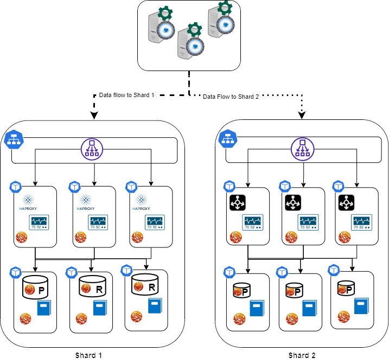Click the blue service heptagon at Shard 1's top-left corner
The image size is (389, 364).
coord(13,140)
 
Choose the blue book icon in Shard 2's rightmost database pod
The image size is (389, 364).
coord(361,305)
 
